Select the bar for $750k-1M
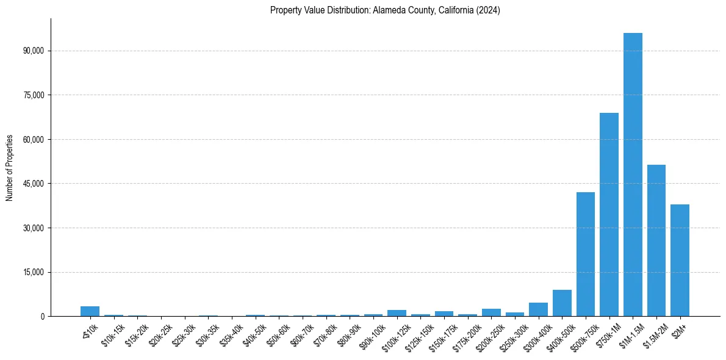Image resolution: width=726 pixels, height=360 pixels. coord(609,214)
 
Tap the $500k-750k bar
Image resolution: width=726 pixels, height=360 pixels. coord(586,254)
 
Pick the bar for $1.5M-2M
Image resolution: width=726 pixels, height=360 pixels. coord(656,240)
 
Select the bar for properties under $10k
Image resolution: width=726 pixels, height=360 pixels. coord(90,311)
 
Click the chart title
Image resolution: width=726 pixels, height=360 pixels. coord(385,10)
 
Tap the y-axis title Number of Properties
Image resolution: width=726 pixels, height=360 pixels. coord(10,167)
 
